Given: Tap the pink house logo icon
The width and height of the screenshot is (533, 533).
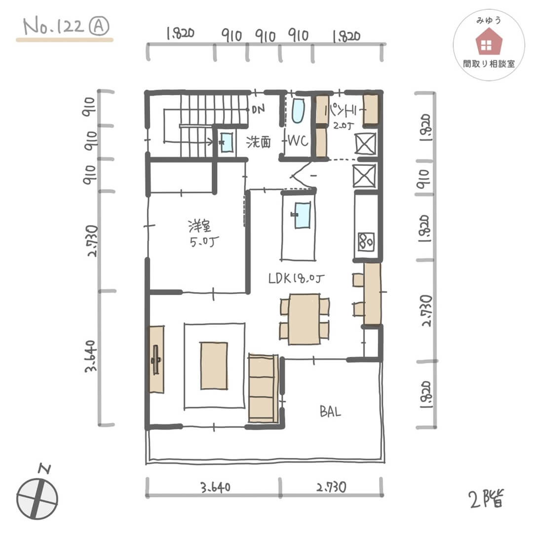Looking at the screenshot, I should point(488,41).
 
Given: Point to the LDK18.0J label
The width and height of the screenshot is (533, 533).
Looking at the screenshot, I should point(297,279).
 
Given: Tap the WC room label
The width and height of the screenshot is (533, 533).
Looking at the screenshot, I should point(298,142).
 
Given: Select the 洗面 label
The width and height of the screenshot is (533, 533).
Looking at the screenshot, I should point(259,142).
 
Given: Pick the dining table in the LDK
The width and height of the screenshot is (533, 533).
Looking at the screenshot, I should point(304,319).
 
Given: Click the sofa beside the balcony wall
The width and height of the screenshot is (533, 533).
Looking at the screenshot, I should point(263,387).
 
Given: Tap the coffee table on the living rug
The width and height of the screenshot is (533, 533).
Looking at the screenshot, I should point(214,366).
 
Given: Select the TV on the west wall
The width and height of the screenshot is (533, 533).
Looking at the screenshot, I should point(156,359).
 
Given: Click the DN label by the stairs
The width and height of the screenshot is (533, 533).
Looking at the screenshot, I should point(257,109).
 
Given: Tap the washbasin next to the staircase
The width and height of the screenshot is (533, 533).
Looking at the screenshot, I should point(227,143).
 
